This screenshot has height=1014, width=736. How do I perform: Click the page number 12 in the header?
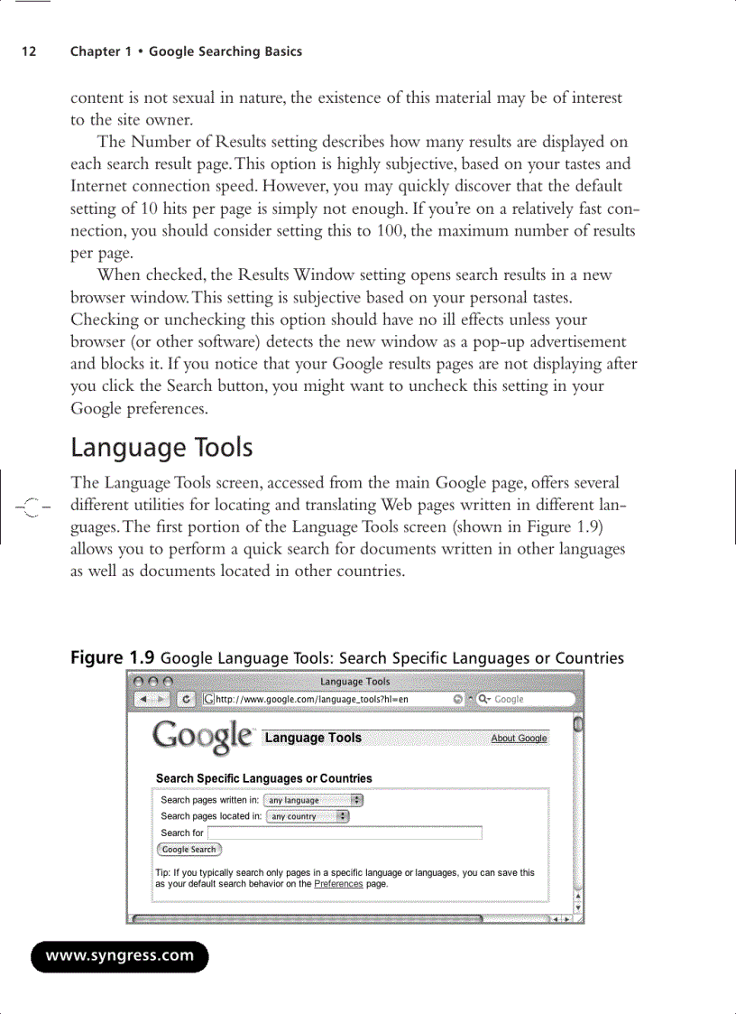tap(29, 51)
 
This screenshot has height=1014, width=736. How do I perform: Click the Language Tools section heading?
tap(161, 448)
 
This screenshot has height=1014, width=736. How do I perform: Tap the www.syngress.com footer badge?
tap(120, 955)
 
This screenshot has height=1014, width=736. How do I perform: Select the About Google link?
tap(519, 739)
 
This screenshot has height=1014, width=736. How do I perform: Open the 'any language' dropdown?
tap(314, 800)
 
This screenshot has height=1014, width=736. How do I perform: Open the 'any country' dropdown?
tap(308, 816)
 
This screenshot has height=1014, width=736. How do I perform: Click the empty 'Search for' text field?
tap(345, 833)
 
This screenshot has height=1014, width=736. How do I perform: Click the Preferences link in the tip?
tap(338, 884)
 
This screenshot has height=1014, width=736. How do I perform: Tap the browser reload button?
tap(186, 699)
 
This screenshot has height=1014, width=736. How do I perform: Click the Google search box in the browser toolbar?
tap(528, 699)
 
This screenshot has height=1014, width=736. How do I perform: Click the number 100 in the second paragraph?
tap(386, 230)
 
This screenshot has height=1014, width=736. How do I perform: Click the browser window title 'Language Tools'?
tap(354, 682)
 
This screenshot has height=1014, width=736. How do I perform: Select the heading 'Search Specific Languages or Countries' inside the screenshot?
tap(263, 778)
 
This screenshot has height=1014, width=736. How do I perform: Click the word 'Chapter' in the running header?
tap(95, 51)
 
